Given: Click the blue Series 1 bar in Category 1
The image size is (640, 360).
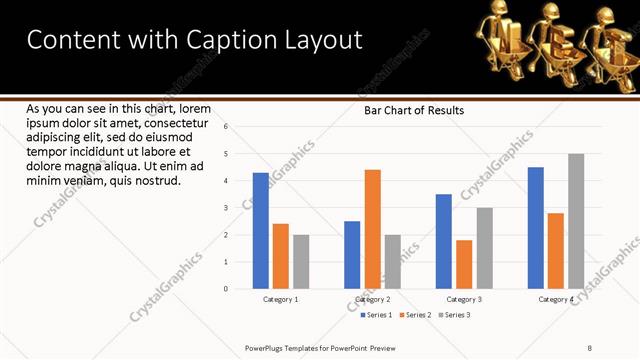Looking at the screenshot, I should [260, 231].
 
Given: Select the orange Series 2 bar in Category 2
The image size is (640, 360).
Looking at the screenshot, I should [372, 229].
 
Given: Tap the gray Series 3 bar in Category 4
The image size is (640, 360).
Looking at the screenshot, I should [576, 221].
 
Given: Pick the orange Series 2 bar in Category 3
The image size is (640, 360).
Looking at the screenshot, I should [464, 264].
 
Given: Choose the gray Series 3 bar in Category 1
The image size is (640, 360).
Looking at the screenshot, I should [301, 262].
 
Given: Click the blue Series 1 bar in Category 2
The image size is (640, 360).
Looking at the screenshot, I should [352, 255].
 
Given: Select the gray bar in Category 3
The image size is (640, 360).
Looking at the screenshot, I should [484, 248].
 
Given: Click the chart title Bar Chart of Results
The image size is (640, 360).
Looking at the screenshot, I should [413, 110].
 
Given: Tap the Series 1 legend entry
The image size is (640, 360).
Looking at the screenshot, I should [375, 315].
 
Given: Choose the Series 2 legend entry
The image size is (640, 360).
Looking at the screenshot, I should [414, 315].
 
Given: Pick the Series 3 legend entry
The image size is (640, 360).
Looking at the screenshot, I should [453, 315].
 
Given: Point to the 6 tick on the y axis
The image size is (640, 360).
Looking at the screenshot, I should [226, 127].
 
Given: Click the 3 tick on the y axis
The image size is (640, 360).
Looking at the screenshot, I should [226, 208].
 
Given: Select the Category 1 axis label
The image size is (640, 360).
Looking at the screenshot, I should [280, 299].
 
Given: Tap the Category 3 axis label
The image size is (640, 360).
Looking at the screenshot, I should [464, 299].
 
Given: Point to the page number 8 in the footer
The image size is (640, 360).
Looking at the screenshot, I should [590, 348].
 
